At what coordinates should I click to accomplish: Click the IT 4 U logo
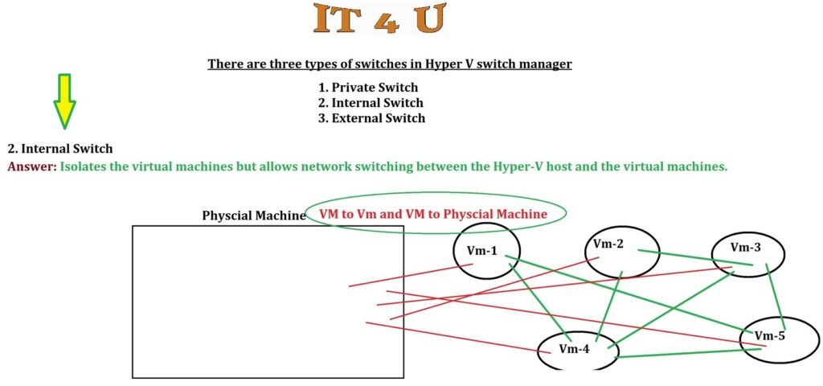pyautogui.click(x=378, y=20)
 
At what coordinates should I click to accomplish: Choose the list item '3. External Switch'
pyautogui.click(x=371, y=118)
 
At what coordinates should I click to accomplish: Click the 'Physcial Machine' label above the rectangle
pyautogui.click(x=253, y=216)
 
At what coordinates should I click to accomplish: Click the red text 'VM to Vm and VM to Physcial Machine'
pyautogui.click(x=433, y=214)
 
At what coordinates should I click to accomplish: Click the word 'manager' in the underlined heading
pyautogui.click(x=547, y=64)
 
